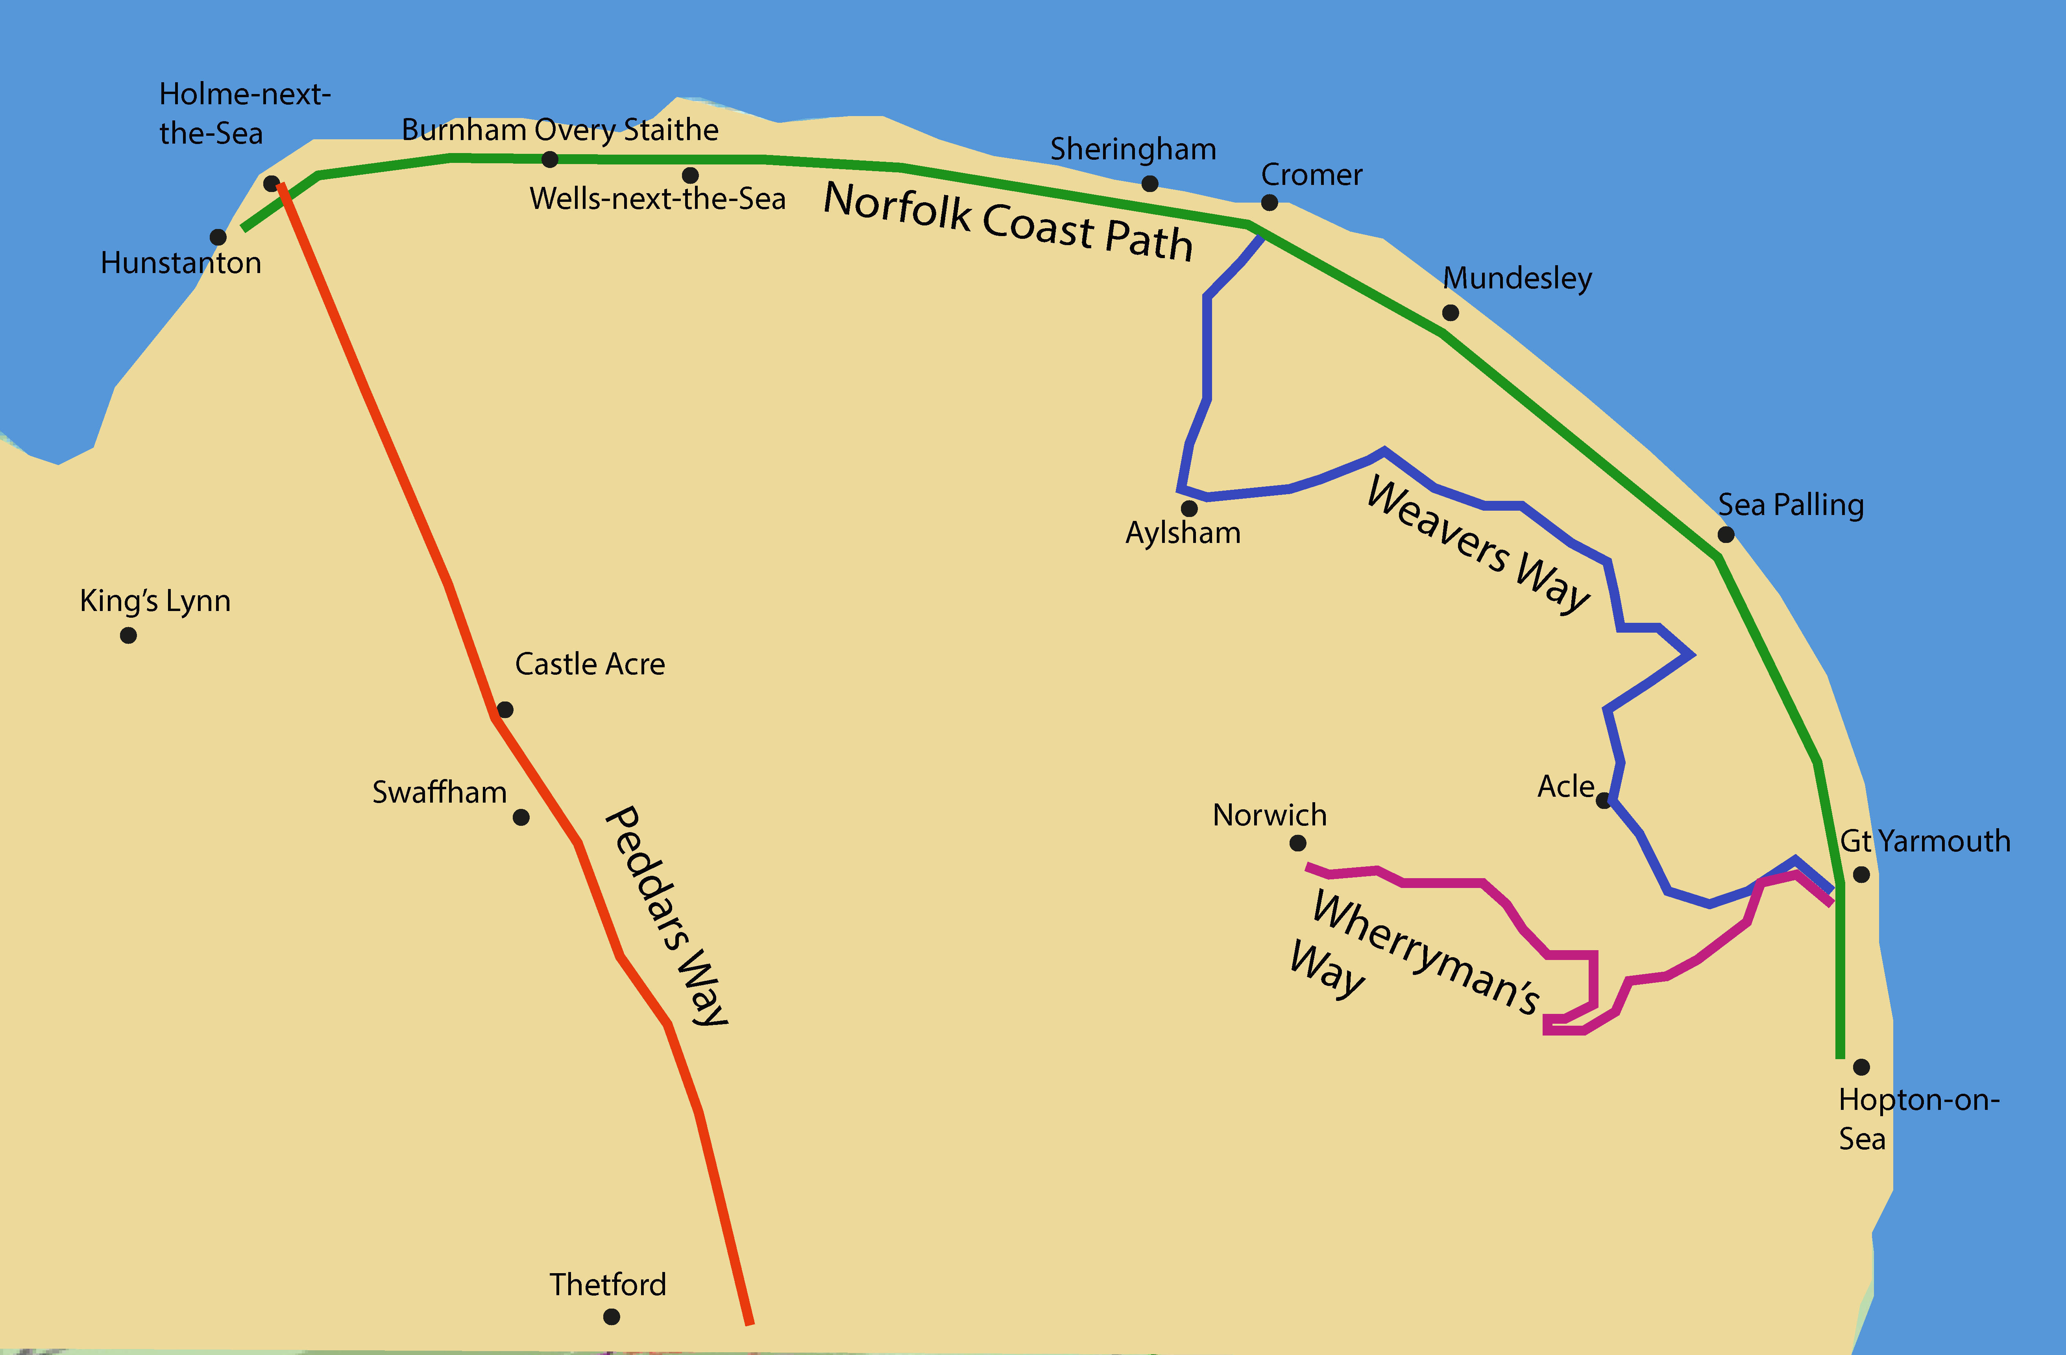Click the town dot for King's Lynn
[x=128, y=635]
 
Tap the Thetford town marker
[x=611, y=1317]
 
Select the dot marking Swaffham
[x=521, y=817]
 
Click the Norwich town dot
[x=1298, y=843]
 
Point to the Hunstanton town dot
[x=218, y=237]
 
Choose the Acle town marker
[x=1603, y=800]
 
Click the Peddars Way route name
[x=667, y=916]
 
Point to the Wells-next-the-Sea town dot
[x=690, y=175]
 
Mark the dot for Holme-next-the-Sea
[x=271, y=183]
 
